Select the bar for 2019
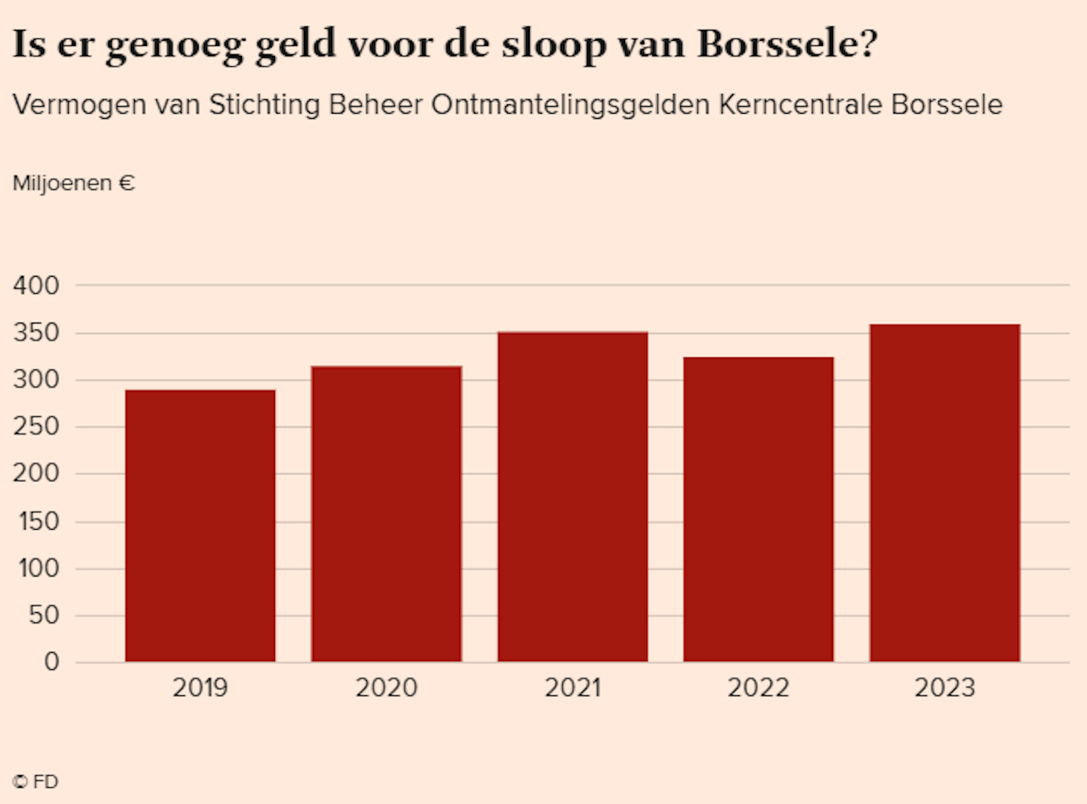point(200,526)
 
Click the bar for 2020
point(386,514)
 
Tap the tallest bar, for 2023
point(944,493)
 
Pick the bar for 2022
point(758,509)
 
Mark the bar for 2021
point(572,498)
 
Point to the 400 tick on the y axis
point(37,286)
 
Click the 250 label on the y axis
point(37,427)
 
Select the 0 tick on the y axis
point(53,662)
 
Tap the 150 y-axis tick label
point(37,521)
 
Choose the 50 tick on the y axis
point(44,616)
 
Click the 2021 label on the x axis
point(572,688)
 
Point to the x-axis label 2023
point(944,688)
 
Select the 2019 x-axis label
point(200,688)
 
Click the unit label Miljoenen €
point(74,183)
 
